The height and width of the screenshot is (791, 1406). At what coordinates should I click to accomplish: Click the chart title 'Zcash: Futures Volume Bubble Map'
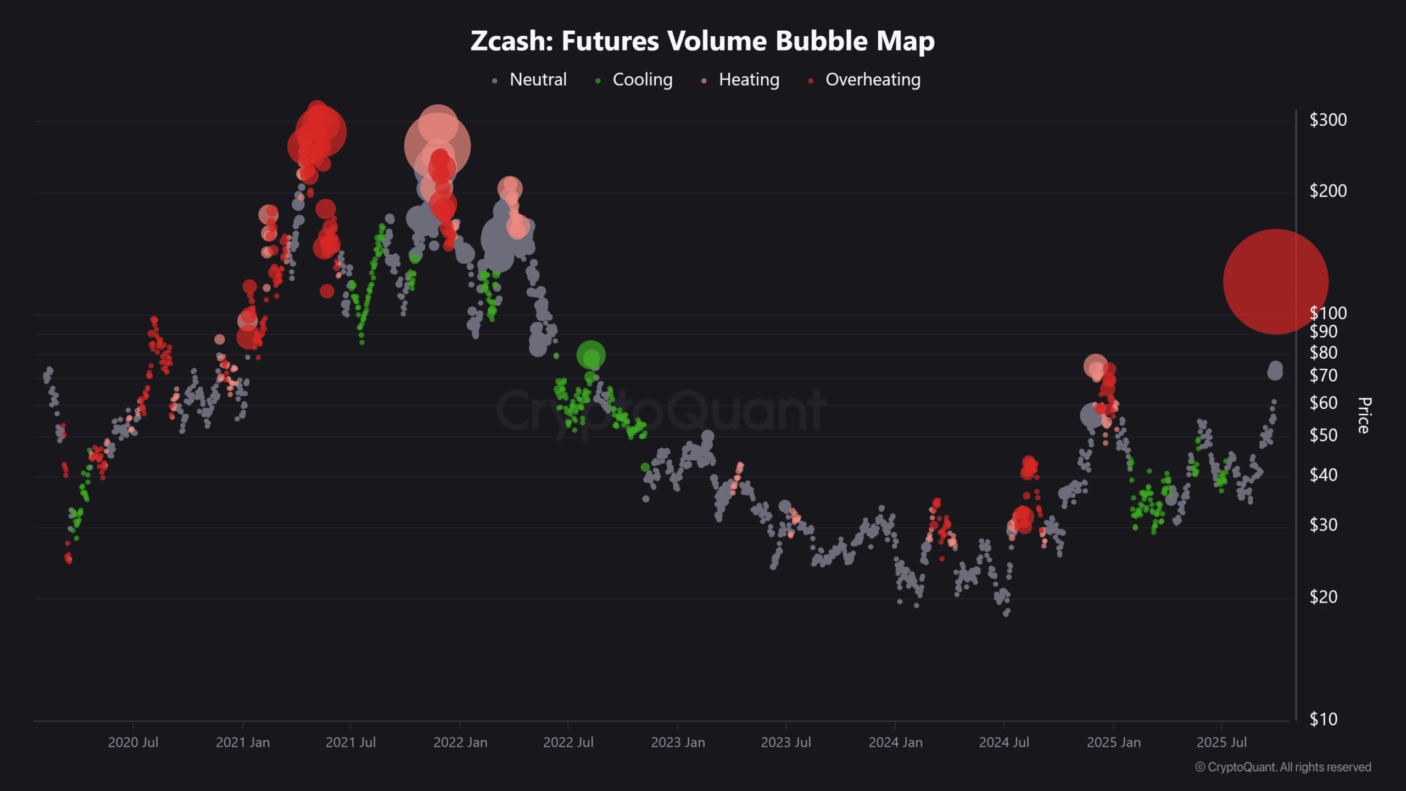tap(702, 41)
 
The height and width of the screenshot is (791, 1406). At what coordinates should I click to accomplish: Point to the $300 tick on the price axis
tap(1327, 120)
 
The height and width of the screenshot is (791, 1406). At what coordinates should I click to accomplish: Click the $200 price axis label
tap(1327, 191)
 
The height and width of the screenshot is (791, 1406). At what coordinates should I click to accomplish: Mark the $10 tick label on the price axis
tap(1323, 719)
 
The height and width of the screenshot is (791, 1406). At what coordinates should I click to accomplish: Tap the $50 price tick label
tap(1323, 435)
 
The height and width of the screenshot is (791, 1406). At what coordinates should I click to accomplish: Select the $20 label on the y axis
tap(1323, 597)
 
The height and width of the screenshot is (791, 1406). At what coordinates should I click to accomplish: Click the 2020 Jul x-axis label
tap(133, 742)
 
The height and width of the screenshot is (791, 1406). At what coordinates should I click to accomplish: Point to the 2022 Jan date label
tap(460, 742)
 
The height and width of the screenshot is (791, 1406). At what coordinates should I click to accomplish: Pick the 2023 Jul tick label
tap(785, 742)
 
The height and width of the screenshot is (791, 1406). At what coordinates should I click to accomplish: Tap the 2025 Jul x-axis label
tap(1221, 742)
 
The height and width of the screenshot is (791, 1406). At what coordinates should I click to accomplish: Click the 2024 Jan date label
tap(895, 742)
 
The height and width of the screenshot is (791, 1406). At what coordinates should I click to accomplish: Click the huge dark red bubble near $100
tap(1275, 281)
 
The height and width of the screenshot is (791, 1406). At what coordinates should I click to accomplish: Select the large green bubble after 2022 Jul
tap(591, 355)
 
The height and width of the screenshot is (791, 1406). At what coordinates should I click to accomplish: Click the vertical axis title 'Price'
tap(1364, 415)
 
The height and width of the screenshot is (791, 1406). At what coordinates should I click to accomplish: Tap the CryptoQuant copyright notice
tap(1283, 767)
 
